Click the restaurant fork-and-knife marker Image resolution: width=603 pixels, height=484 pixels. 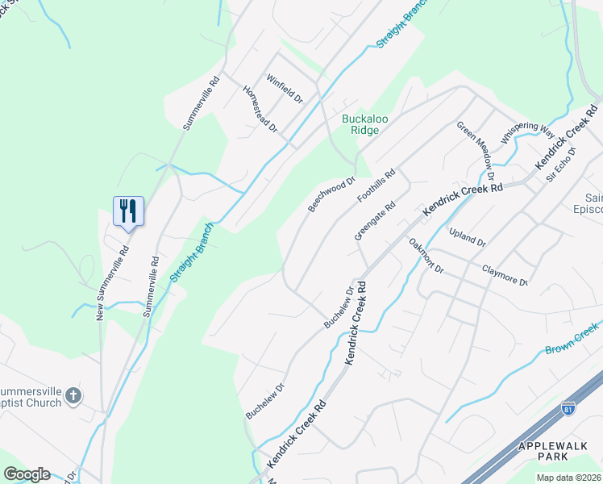(x=128, y=211)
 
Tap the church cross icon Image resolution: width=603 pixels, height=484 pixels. (x=73, y=395)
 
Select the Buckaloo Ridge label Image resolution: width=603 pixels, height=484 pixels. (x=365, y=124)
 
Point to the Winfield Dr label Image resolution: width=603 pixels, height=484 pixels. (x=285, y=90)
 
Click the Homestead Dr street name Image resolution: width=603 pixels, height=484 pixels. (x=260, y=108)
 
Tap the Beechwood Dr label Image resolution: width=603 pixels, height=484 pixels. (x=331, y=195)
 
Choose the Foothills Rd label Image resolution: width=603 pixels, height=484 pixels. (x=377, y=186)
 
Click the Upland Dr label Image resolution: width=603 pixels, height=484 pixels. (x=468, y=240)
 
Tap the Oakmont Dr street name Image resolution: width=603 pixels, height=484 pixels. (x=426, y=256)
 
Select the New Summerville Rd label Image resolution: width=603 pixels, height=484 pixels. (x=102, y=283)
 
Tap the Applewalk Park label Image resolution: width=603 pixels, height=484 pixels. (x=556, y=451)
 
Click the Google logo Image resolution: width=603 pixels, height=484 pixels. (x=27, y=474)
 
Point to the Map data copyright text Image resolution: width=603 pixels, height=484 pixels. (x=568, y=478)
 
